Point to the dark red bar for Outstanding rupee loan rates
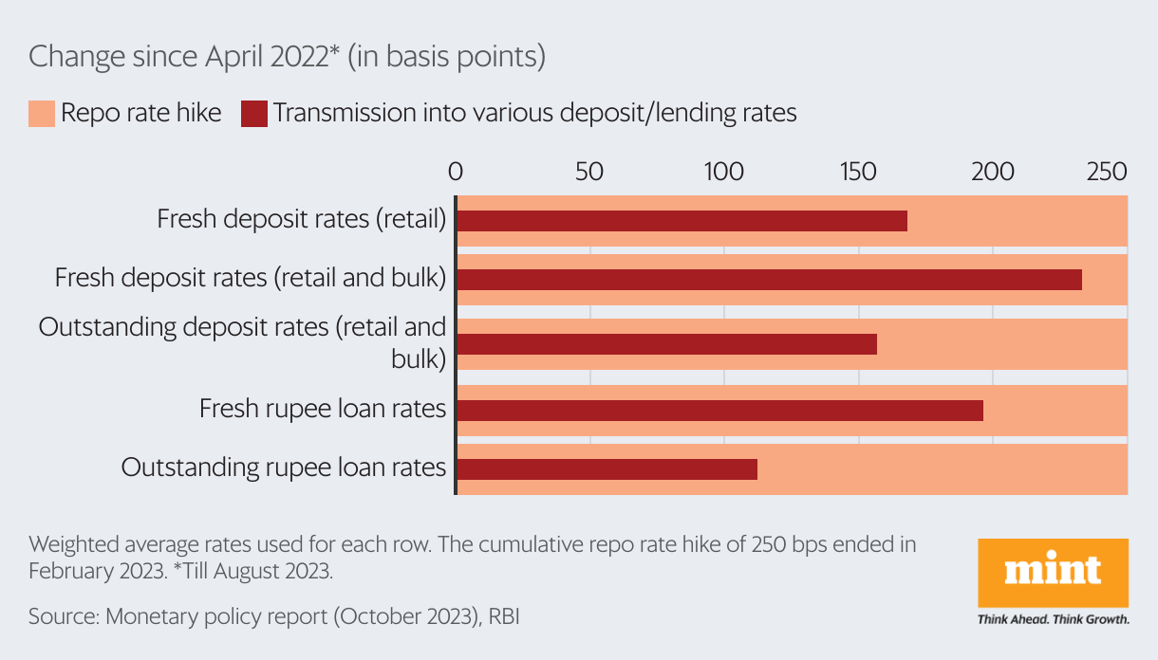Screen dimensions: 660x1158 click(x=607, y=468)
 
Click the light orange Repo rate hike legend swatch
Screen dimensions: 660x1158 click(x=41, y=114)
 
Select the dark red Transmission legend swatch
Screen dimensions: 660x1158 click(x=253, y=114)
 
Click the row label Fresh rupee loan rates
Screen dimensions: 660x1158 click(x=323, y=409)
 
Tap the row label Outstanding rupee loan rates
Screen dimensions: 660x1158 click(x=284, y=467)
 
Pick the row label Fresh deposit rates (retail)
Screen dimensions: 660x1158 click(x=301, y=219)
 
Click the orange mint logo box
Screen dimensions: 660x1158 click(x=1053, y=574)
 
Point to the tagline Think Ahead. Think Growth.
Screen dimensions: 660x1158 click(x=1053, y=620)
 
